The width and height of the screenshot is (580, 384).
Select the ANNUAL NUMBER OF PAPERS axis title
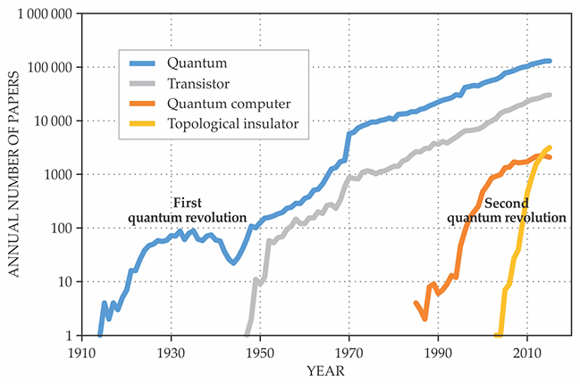(13, 175)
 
